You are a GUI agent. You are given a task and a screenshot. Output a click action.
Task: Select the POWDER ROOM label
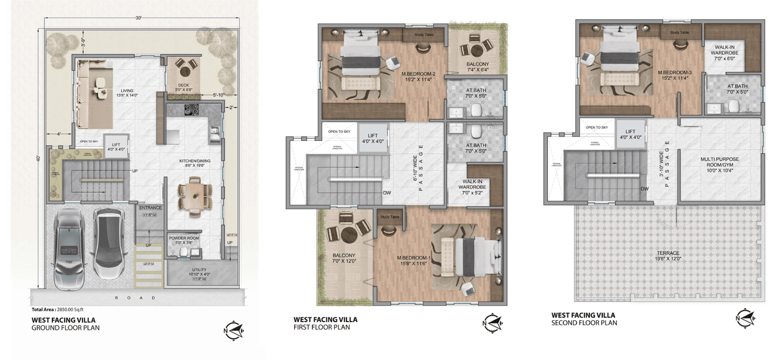point(184,239)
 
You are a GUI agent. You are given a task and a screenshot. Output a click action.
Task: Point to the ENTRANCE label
point(150,208)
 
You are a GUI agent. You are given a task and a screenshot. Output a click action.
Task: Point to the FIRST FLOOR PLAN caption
point(322,327)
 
